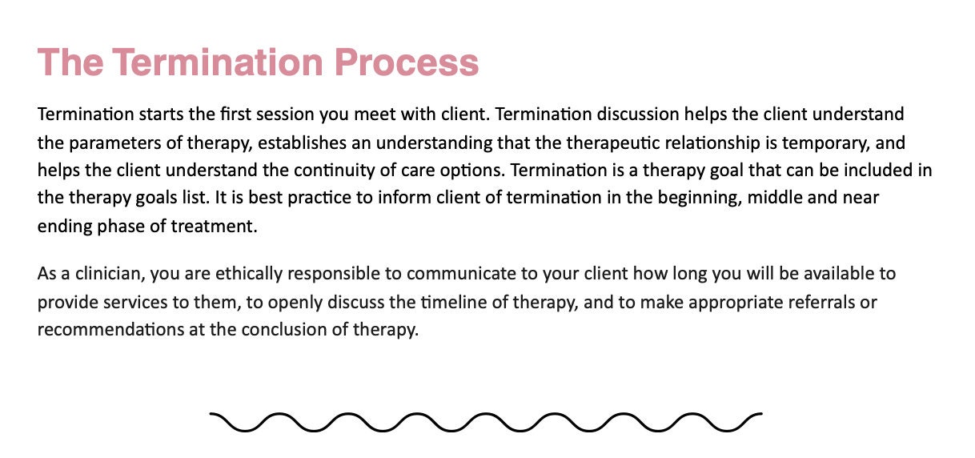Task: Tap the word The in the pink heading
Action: [70, 62]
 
